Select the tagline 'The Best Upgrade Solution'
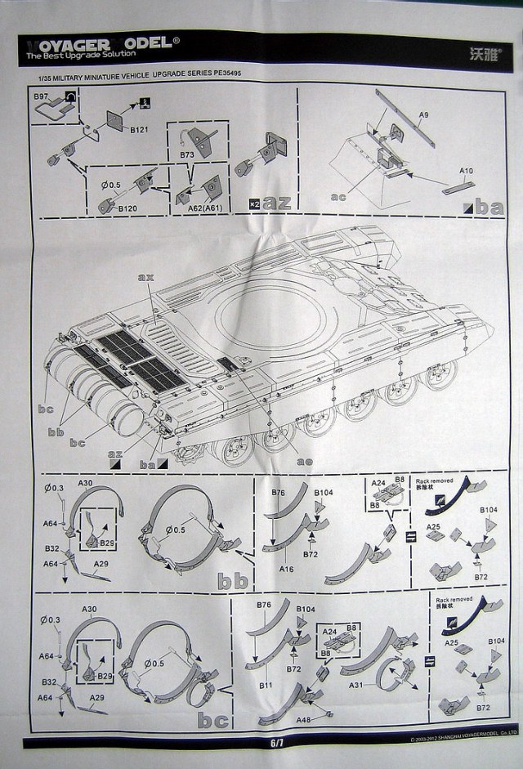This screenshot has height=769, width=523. coord(74,56)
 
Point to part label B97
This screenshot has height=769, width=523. coord(41,96)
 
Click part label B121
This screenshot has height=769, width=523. coord(138,129)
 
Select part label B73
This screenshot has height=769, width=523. coord(187,154)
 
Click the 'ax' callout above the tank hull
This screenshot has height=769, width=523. coord(146,278)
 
